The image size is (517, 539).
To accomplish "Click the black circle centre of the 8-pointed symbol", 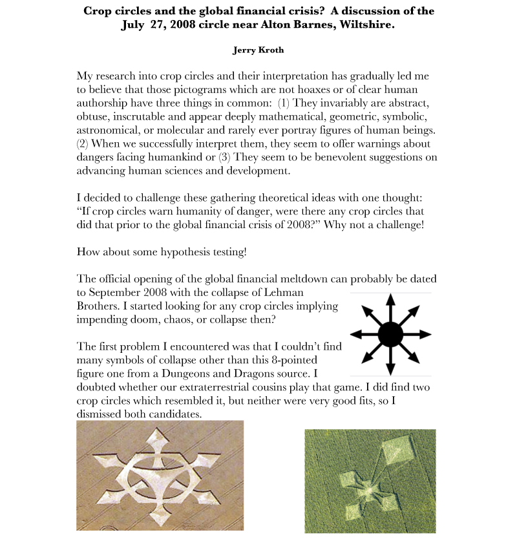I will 390,334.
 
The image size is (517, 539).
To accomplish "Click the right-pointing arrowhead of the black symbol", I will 426,334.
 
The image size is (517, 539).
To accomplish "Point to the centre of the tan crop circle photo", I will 160,476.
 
